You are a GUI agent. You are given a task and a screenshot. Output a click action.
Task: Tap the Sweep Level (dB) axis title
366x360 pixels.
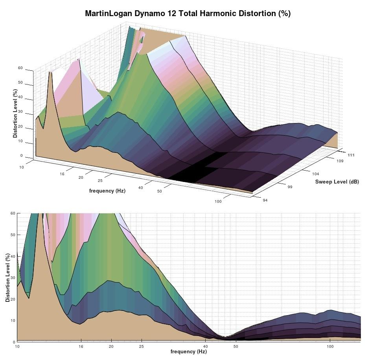pos(337,182)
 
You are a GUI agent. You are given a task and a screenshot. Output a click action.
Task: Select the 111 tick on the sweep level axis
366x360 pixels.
pos(351,155)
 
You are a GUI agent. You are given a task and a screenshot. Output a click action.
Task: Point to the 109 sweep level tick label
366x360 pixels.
pos(340,161)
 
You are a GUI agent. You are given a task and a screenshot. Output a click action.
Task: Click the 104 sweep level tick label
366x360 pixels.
pos(315,174)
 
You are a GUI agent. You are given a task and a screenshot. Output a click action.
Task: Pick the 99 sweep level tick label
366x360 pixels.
pos(290,187)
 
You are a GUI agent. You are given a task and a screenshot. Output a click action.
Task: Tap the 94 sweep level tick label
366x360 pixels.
pos(265,200)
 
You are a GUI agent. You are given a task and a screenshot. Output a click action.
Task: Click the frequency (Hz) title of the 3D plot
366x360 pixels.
pos(107,191)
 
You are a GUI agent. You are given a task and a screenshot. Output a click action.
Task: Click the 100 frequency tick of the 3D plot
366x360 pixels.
pos(218,202)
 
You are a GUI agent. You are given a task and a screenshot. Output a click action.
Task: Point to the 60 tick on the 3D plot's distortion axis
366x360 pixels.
pos(20,68)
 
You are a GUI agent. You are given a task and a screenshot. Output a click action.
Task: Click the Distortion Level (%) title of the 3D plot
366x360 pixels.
pos(15,114)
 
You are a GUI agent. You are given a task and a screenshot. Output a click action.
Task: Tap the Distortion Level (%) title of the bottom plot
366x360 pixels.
pos(8,278)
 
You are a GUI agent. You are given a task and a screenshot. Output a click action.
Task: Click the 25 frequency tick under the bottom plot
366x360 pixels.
pos(141,346)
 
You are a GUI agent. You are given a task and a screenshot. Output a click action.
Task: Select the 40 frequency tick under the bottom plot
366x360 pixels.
pos(205,346)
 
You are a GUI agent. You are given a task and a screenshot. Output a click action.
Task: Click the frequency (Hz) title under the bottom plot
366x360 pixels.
pos(188,351)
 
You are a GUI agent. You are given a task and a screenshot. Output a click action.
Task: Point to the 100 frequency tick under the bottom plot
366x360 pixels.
pos(330,346)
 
